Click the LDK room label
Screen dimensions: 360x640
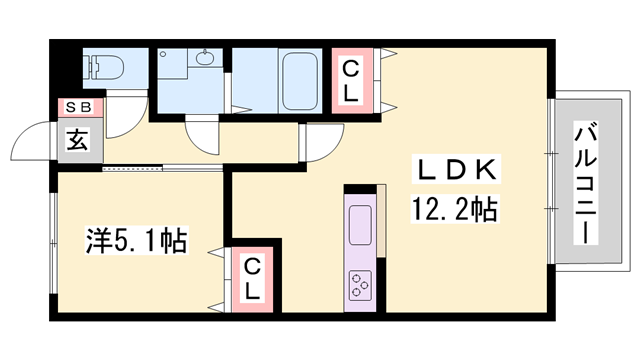[x=453, y=171]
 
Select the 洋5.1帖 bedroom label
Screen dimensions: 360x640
[x=136, y=241]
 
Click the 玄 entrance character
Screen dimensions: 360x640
[x=77, y=139]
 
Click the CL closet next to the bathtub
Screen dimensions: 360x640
[x=351, y=81]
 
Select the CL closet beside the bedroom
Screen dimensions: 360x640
[x=253, y=278]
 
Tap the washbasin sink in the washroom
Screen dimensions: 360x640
[x=205, y=57]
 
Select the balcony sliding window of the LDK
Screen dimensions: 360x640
[x=550, y=185]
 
